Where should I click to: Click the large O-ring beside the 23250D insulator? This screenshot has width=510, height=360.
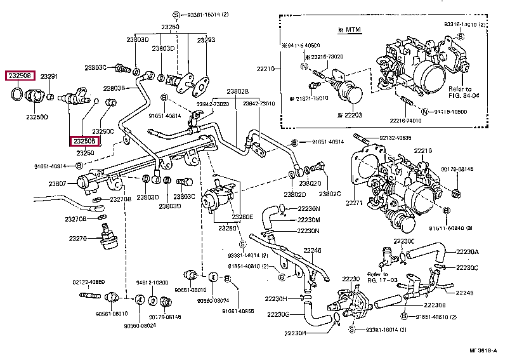point(18,96)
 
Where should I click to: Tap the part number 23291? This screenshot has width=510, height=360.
point(49,77)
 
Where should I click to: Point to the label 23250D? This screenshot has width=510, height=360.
point(37,117)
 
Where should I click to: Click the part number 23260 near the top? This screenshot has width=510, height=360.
point(169,27)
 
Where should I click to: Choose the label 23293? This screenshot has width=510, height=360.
point(206,39)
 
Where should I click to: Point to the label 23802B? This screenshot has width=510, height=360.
point(238,91)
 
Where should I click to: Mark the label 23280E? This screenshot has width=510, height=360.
point(242,217)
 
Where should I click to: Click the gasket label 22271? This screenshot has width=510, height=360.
point(355,203)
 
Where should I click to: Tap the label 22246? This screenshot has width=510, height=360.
point(312,250)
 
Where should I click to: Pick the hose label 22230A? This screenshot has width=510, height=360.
point(468,251)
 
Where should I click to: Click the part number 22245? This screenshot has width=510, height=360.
point(465,293)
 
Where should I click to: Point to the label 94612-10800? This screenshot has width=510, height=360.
point(152,282)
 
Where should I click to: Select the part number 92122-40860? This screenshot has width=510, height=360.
point(88,281)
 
